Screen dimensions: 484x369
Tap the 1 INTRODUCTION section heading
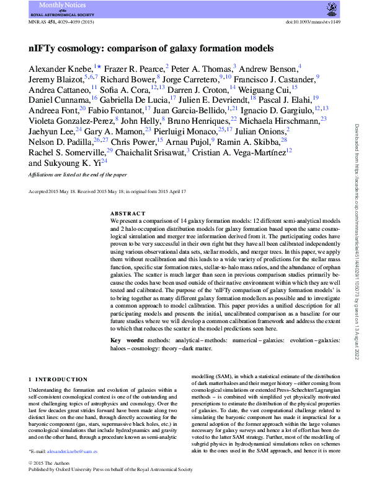point(58,379)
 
